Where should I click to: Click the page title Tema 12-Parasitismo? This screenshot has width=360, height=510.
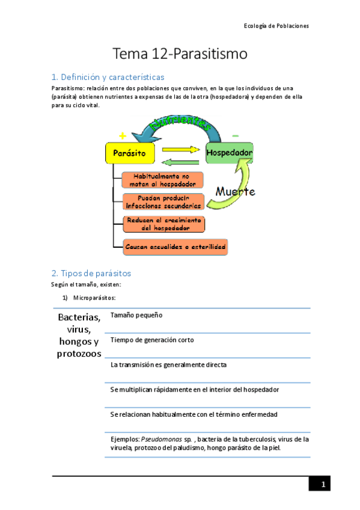tap(180, 54)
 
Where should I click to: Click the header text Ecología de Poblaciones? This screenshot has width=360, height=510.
tap(276, 26)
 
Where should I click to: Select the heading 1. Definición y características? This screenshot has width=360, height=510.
tap(108, 77)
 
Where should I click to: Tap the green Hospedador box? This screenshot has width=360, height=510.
tap(229, 153)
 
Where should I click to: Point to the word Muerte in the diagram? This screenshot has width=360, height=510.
tap(235, 192)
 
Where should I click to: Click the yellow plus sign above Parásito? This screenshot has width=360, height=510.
tap(123, 136)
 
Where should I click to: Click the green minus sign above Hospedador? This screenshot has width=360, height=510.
tap(235, 135)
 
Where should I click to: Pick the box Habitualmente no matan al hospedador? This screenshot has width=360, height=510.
tap(162, 180)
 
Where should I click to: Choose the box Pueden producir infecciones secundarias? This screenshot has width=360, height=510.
tap(162, 202)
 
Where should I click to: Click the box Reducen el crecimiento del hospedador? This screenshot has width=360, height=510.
tap(163, 224)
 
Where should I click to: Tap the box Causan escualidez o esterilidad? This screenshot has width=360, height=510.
tap(175, 247)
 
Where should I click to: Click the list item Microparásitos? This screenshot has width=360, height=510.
tap(94, 298)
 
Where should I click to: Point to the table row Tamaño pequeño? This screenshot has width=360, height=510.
tap(136, 315)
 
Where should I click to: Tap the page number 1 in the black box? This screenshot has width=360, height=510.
tap(322, 484)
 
